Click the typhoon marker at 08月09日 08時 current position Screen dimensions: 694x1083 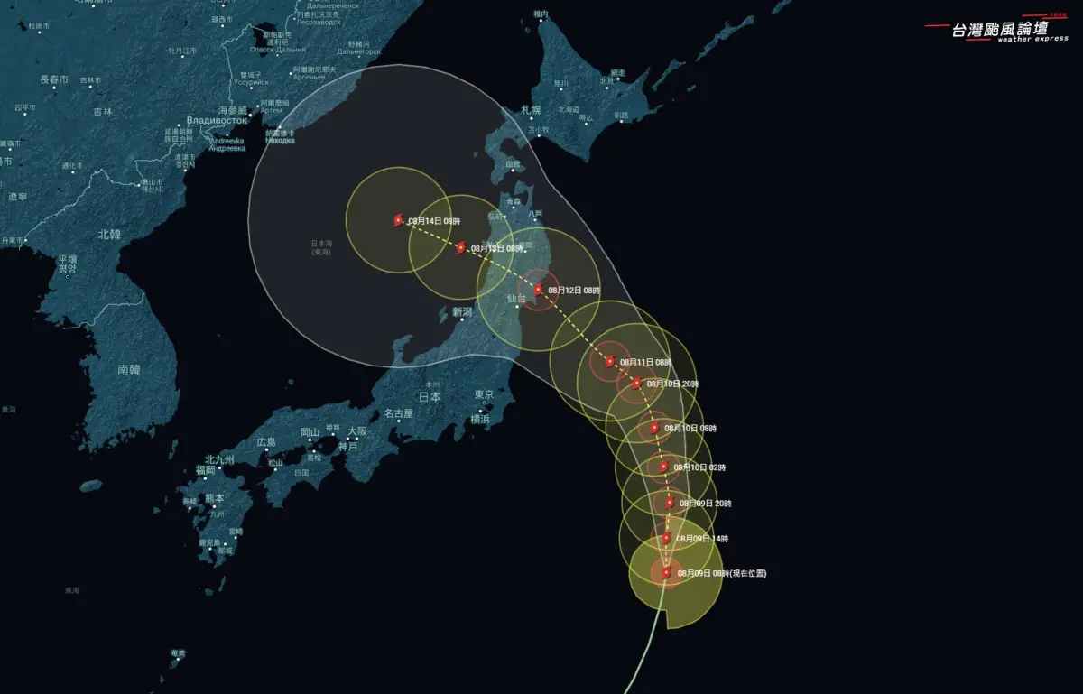pyautogui.click(x=666, y=572)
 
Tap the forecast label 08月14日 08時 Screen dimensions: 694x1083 pyautogui.click(x=433, y=220)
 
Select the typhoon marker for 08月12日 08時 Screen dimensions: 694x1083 pyautogui.click(x=539, y=290)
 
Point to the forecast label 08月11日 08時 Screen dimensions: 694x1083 pyautogui.click(x=645, y=362)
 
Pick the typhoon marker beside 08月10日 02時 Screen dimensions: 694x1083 pyautogui.click(x=663, y=467)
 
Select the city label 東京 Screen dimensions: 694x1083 pyautogui.click(x=484, y=395)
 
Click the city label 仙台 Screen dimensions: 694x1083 pyautogui.click(x=516, y=298)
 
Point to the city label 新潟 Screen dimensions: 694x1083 pyautogui.click(x=462, y=312)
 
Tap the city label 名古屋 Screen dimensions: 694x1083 pyautogui.click(x=398, y=413)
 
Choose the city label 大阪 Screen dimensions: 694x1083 pyautogui.click(x=357, y=431)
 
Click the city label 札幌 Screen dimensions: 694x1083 pyautogui.click(x=531, y=110)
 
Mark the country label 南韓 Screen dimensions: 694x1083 pyautogui.click(x=129, y=369)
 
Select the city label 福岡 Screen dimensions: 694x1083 pyautogui.click(x=206, y=470)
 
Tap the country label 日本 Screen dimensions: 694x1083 pyautogui.click(x=430, y=396)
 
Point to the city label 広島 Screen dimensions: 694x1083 pyautogui.click(x=266, y=442)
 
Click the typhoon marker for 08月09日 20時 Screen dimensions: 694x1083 pyautogui.click(x=670, y=503)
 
